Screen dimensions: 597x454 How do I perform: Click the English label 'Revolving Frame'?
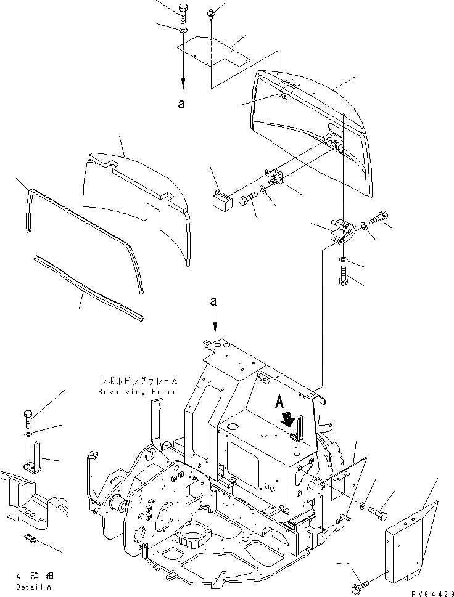(x=138, y=392)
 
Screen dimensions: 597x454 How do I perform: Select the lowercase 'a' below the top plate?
(x=181, y=104)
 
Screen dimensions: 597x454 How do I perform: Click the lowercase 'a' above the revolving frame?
(x=213, y=301)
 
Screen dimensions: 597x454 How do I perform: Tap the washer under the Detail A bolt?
(x=28, y=434)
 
